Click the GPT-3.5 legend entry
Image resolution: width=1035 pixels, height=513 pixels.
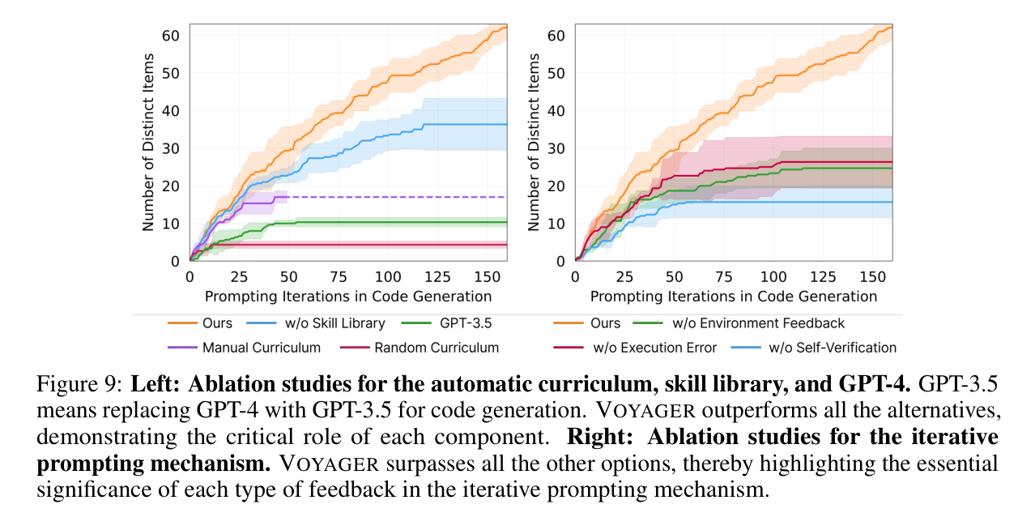[446, 323]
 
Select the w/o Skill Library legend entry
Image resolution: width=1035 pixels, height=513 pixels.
[316, 323]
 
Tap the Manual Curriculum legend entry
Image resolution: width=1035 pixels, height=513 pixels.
[244, 348]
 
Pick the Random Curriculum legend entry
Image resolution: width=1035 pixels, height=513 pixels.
[419, 348]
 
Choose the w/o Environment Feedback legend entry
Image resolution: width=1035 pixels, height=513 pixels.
[738, 323]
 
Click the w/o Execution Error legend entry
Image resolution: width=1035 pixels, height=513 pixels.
[635, 348]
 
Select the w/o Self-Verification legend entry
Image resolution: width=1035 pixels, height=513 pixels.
[814, 348]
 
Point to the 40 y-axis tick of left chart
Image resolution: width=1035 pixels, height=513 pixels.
[171, 111]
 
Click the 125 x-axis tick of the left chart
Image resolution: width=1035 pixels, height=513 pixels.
[437, 276]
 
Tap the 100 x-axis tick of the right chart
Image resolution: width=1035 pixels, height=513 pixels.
[773, 276]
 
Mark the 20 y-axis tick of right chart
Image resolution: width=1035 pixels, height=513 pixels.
[556, 186]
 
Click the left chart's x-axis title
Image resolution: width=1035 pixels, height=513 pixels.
[348, 296]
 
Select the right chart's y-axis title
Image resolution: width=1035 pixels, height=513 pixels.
[534, 142]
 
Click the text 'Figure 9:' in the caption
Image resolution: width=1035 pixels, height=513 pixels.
[79, 384]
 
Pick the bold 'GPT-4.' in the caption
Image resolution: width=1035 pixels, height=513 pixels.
[874, 384]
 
